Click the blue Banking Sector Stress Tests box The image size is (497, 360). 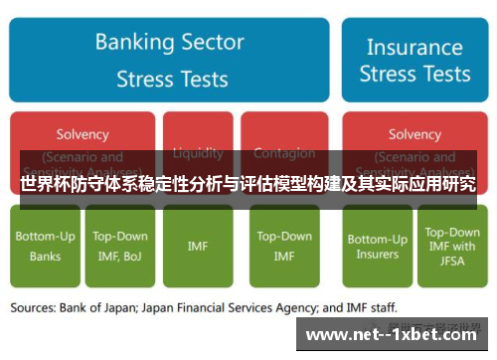(x=170, y=61)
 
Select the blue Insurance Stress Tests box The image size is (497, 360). (x=414, y=61)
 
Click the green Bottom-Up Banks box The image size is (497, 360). (x=45, y=246)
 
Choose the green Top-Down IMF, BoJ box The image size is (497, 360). (x=120, y=246)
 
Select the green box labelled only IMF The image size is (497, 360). (x=198, y=246)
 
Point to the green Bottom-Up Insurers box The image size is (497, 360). (x=378, y=246)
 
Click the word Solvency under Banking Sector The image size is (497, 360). (x=83, y=134)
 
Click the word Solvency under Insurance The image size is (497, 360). (x=414, y=134)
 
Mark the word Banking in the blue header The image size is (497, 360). (x=135, y=43)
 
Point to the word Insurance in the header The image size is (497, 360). (x=414, y=47)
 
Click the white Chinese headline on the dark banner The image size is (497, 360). (x=248, y=184)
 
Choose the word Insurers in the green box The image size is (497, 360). (x=378, y=255)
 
